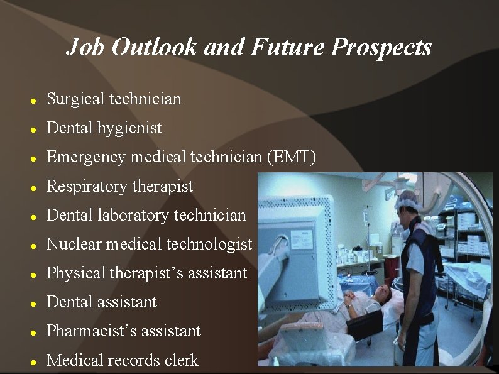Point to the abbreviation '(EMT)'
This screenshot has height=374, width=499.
(x=291, y=157)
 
